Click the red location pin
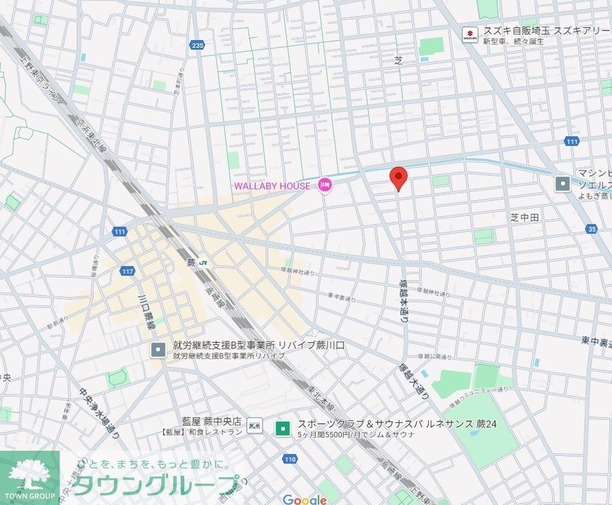coord(399,177)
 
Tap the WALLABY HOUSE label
coord(271,186)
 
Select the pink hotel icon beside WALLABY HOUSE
coord(324,186)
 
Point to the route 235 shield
coord(197,45)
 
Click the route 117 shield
coord(127,271)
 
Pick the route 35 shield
coord(592,229)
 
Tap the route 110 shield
coord(290,459)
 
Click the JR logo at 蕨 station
coord(203,263)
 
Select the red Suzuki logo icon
coord(471,33)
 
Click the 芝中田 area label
coord(524,218)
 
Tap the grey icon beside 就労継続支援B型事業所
coord(159,350)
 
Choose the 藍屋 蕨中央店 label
coord(212,421)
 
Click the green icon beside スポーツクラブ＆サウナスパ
coord(282,428)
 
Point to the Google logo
coord(304,499)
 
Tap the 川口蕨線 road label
coord(146,312)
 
